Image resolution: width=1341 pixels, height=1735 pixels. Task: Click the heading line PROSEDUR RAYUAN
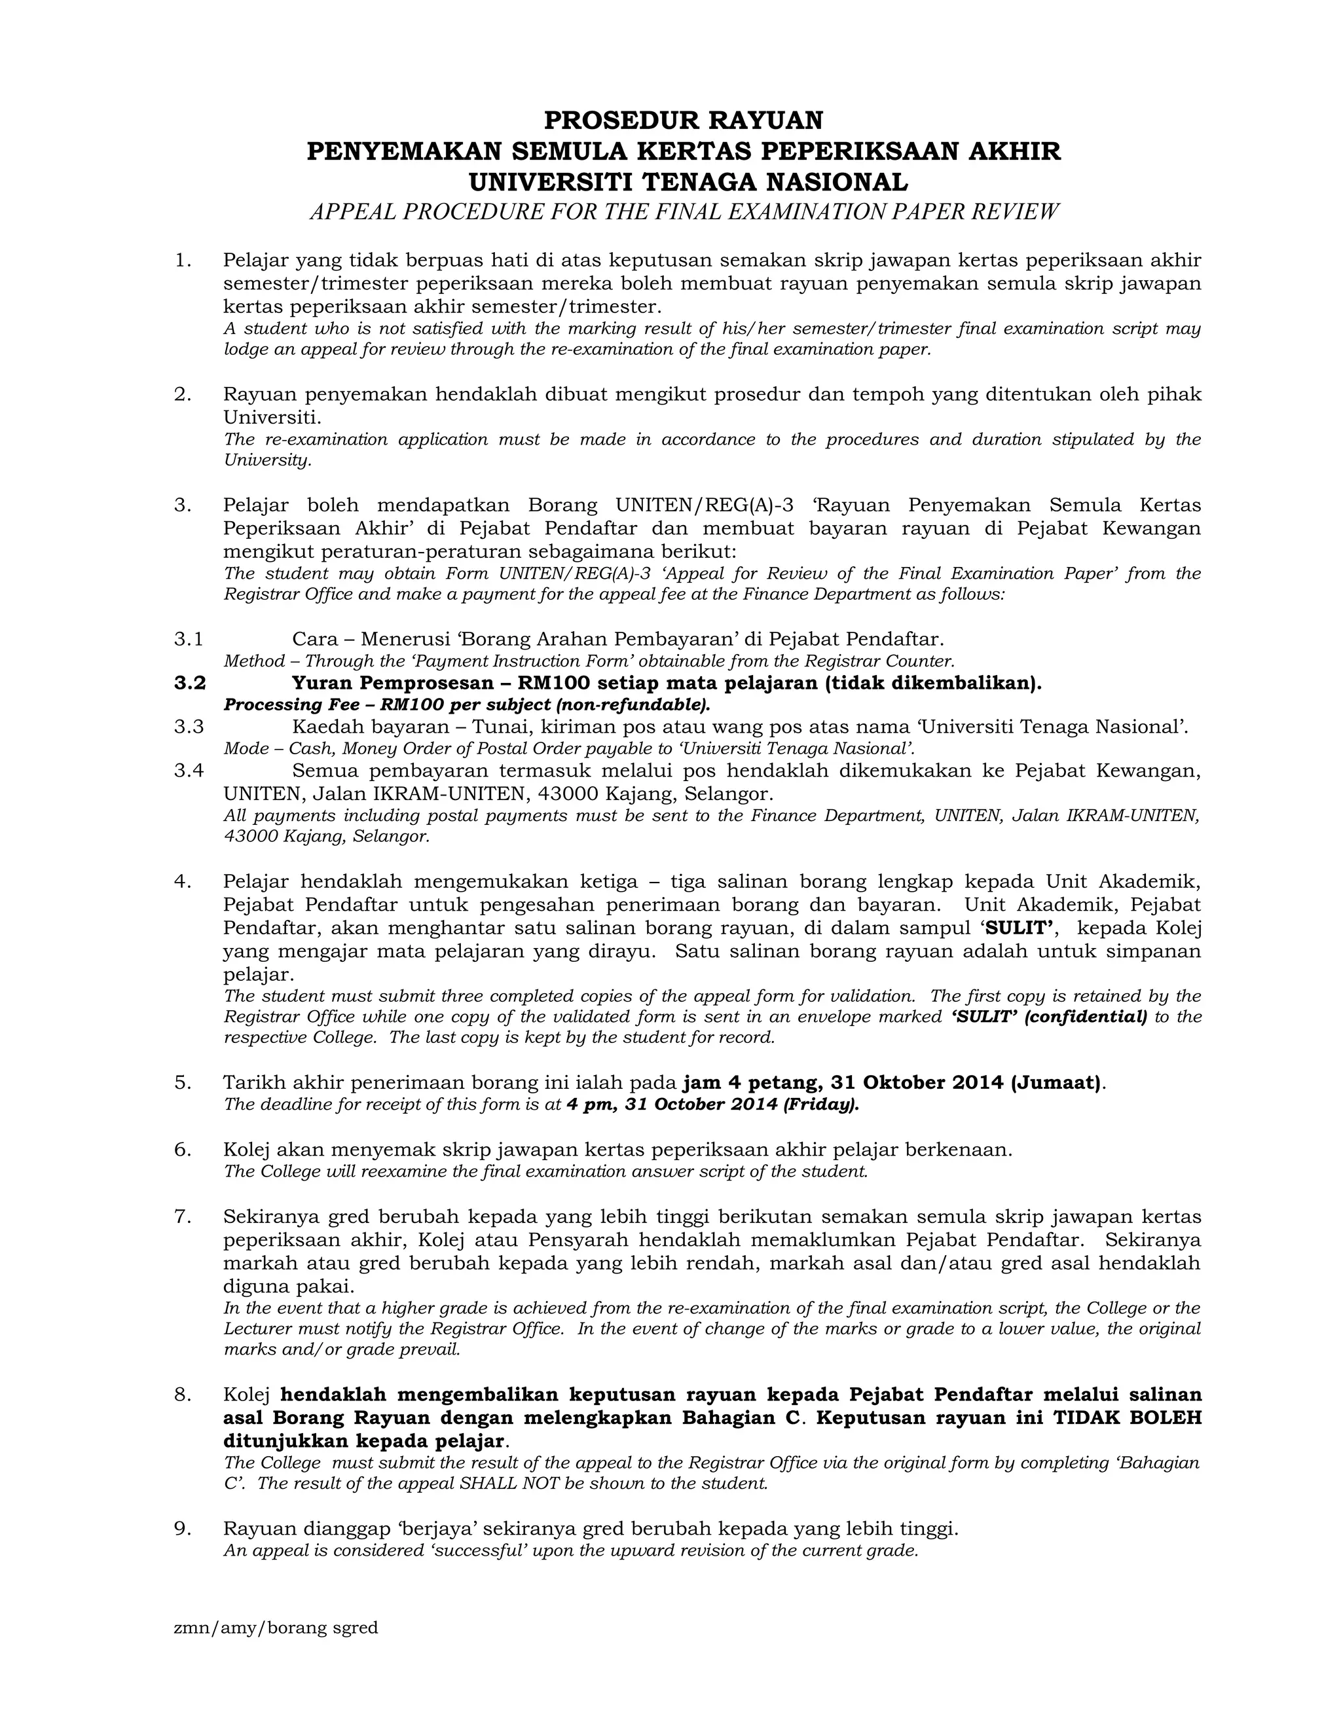[683, 120]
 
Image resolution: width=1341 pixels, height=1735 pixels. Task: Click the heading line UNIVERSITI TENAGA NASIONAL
[688, 182]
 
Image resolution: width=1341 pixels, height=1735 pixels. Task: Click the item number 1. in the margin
[183, 261]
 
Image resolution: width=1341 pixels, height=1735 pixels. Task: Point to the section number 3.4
[189, 771]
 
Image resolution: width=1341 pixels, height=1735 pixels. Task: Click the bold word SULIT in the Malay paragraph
[1020, 928]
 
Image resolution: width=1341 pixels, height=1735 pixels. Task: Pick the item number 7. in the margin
[183, 1217]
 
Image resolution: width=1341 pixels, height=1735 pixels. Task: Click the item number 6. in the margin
[183, 1150]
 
